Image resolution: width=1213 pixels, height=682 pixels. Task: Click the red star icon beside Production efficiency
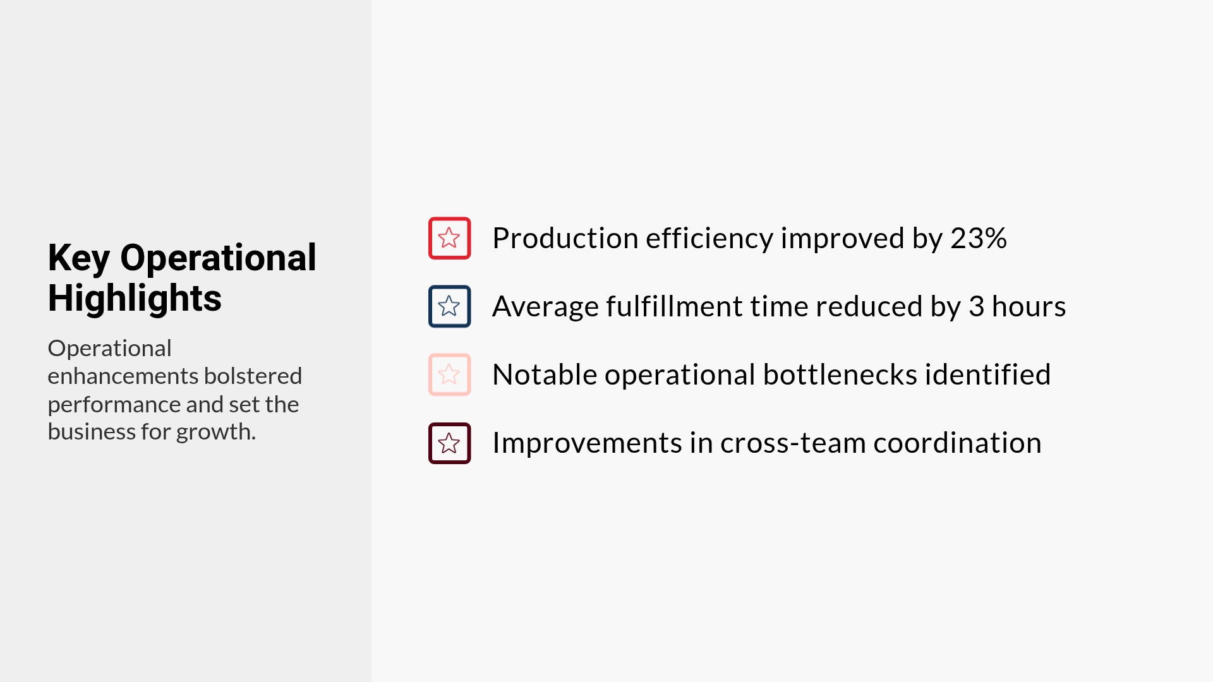[x=449, y=238]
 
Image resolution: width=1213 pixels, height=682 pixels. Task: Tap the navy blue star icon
[x=449, y=306]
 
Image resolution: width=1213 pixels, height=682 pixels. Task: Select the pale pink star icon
[x=449, y=374]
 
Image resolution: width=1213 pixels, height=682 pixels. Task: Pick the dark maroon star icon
[x=449, y=443]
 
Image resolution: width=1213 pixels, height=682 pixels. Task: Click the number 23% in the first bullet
[x=978, y=238]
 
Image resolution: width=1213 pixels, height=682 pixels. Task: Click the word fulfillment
[x=675, y=306]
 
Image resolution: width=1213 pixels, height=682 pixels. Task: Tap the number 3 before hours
[x=976, y=306]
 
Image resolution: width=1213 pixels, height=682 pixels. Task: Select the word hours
[x=1029, y=306]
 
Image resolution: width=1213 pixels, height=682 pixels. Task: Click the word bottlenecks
[x=840, y=374]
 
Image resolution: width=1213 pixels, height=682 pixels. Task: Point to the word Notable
[x=544, y=374]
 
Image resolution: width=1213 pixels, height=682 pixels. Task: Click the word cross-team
[x=792, y=443]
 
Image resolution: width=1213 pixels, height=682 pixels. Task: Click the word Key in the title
[x=78, y=258]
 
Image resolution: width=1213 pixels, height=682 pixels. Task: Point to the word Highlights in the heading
[x=135, y=298]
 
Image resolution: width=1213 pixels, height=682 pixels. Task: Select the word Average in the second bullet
[x=545, y=306]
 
